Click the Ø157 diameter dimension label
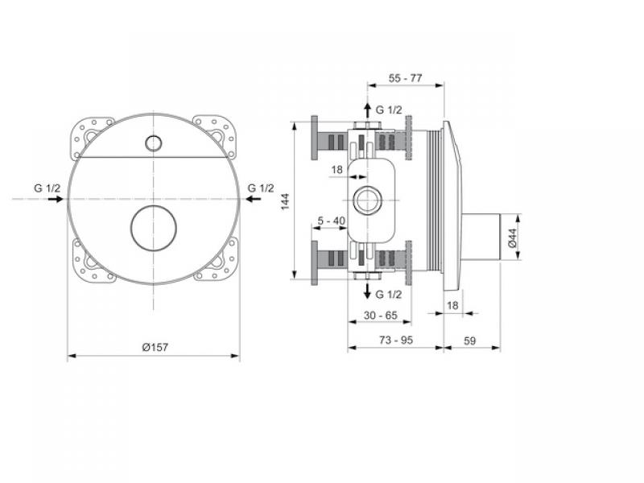point(155,347)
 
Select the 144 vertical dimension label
point(286,201)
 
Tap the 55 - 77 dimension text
point(405,78)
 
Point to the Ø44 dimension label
point(512,237)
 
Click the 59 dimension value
point(470,341)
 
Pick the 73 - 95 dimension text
point(396,340)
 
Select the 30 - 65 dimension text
point(381,316)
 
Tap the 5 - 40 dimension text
point(332,221)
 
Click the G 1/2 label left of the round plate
point(47,188)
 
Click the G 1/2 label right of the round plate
point(260,188)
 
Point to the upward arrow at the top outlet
point(368,110)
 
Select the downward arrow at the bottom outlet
point(368,291)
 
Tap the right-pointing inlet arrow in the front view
point(56,199)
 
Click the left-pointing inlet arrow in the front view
point(253,199)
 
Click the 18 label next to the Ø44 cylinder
point(452,306)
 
